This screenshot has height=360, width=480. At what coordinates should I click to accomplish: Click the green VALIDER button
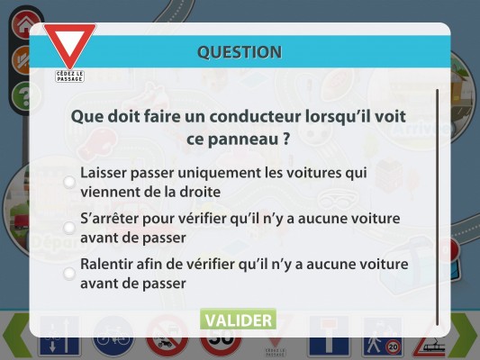238,319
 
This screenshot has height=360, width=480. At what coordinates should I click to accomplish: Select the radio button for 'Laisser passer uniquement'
69,182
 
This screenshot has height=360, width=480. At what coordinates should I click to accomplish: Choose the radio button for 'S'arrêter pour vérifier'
69,228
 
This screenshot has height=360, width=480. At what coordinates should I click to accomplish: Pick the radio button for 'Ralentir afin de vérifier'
69,273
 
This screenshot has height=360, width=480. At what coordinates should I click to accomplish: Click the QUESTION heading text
240,52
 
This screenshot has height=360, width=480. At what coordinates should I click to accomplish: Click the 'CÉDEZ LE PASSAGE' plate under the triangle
70,76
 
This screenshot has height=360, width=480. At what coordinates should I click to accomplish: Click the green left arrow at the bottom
17,335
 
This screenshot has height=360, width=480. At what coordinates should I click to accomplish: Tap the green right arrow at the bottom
464,335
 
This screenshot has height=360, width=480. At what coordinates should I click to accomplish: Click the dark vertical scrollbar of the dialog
437,207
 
